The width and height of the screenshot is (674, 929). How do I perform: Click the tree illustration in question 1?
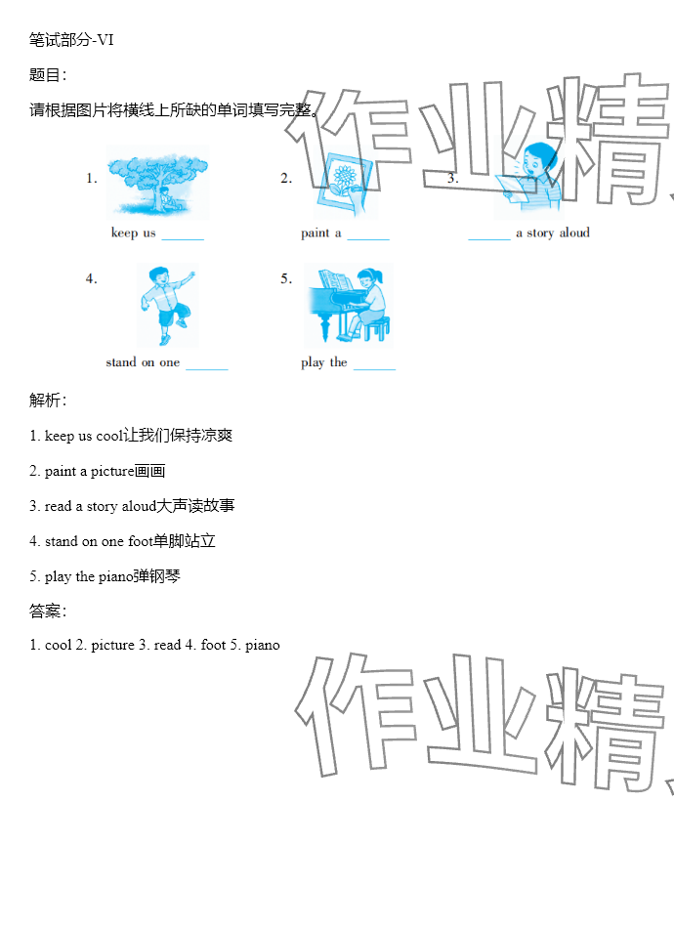(x=157, y=183)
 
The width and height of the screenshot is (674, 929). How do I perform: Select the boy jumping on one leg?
(x=167, y=305)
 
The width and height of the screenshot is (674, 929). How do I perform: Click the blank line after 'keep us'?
(x=183, y=239)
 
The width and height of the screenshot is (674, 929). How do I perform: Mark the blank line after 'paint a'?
(x=368, y=239)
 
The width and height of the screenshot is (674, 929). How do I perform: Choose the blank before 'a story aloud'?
(x=489, y=239)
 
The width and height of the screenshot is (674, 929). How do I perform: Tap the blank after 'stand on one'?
(x=207, y=369)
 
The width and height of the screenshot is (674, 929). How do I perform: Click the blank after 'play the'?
(x=374, y=369)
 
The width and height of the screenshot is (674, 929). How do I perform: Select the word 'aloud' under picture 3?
(x=574, y=232)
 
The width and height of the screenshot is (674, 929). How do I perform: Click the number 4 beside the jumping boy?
(x=91, y=278)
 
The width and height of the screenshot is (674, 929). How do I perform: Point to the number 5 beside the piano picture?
(x=286, y=278)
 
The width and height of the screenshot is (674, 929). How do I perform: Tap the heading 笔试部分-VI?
(x=71, y=40)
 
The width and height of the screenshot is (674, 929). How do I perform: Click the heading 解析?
(x=48, y=400)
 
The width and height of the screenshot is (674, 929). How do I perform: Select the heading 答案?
(x=48, y=611)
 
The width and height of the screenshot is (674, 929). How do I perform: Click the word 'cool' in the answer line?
(x=58, y=645)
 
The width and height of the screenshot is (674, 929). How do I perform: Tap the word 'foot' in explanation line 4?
(x=141, y=541)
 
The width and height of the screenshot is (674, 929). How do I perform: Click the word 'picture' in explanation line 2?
(x=112, y=472)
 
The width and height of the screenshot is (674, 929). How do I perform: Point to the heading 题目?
(x=48, y=74)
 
